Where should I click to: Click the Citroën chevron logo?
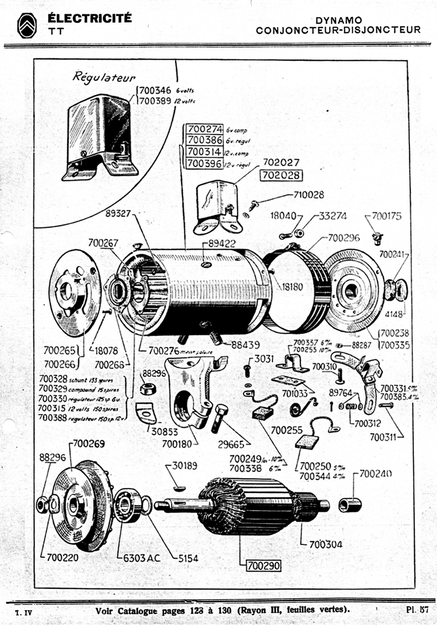pyautogui.click(x=27, y=25)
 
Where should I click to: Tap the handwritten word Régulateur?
pyautogui.click(x=104, y=78)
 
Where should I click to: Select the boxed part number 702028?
pyautogui.click(x=281, y=175)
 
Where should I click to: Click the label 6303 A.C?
pyautogui.click(x=142, y=558)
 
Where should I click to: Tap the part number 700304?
pyautogui.click(x=326, y=544)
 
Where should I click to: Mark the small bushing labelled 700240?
pyautogui.click(x=350, y=505)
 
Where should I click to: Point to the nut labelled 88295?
pyautogui.click(x=148, y=388)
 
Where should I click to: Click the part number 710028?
pyautogui.click(x=308, y=195)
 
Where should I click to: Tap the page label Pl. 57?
pyautogui.click(x=417, y=609)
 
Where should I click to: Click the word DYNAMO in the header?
pyautogui.click(x=339, y=20)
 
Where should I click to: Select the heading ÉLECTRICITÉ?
pyautogui.click(x=90, y=18)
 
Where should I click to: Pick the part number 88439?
pyautogui.click(x=245, y=345)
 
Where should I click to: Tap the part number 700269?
pyautogui.click(x=89, y=444)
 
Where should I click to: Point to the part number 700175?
pyautogui.click(x=387, y=216)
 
